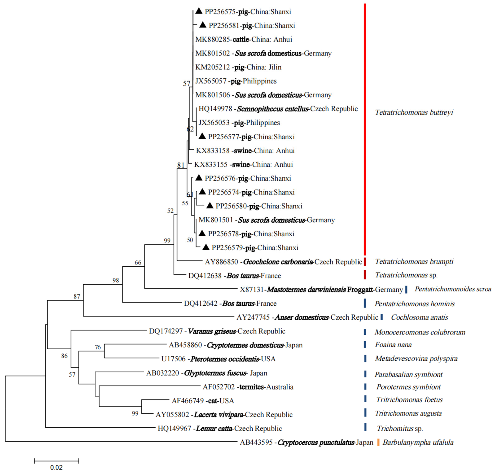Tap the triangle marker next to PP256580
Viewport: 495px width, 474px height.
click(x=210, y=206)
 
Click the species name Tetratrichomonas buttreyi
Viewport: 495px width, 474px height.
click(x=414, y=112)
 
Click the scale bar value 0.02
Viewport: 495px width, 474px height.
click(x=56, y=467)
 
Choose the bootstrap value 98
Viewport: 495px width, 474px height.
click(x=116, y=280)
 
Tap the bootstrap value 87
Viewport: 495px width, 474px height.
click(x=77, y=296)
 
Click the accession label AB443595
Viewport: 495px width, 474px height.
click(x=256, y=442)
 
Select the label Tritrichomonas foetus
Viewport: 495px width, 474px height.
click(x=409, y=400)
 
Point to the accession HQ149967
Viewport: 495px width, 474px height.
click(x=174, y=429)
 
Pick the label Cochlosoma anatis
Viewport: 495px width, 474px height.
click(x=419, y=317)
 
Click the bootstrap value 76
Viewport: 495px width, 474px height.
click(x=98, y=347)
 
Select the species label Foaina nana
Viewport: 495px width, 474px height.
click(x=393, y=345)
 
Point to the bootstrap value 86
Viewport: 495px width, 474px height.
click(x=64, y=356)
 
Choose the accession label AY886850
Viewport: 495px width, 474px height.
click(x=221, y=262)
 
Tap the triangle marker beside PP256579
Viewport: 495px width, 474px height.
click(x=206, y=247)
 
